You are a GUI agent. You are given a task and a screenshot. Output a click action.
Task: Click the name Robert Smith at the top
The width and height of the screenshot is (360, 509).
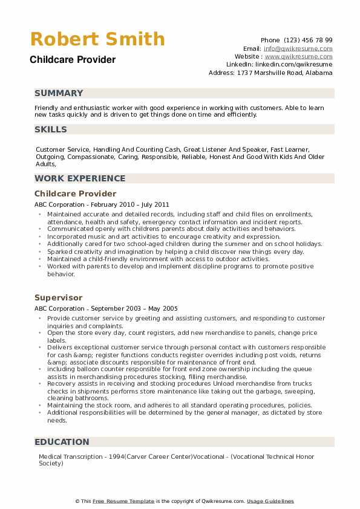coord(97,39)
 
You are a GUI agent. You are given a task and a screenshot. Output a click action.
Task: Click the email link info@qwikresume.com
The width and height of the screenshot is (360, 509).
coord(298,48)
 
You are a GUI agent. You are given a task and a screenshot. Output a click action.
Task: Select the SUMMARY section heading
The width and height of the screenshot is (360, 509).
coord(59,93)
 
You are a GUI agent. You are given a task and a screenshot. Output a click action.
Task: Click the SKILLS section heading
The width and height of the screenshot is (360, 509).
coord(51,129)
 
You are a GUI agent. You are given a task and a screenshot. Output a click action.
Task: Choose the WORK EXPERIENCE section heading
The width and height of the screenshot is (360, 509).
coord(80,178)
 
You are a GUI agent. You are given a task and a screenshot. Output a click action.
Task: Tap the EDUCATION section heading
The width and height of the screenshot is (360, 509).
coord(62,442)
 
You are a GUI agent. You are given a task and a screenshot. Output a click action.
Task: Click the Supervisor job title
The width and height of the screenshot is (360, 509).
coord(59,298)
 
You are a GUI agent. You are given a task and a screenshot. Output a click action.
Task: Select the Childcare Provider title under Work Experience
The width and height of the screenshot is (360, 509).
coord(76,193)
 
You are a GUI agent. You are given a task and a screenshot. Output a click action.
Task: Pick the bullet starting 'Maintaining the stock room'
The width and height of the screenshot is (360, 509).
coord(171,405)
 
